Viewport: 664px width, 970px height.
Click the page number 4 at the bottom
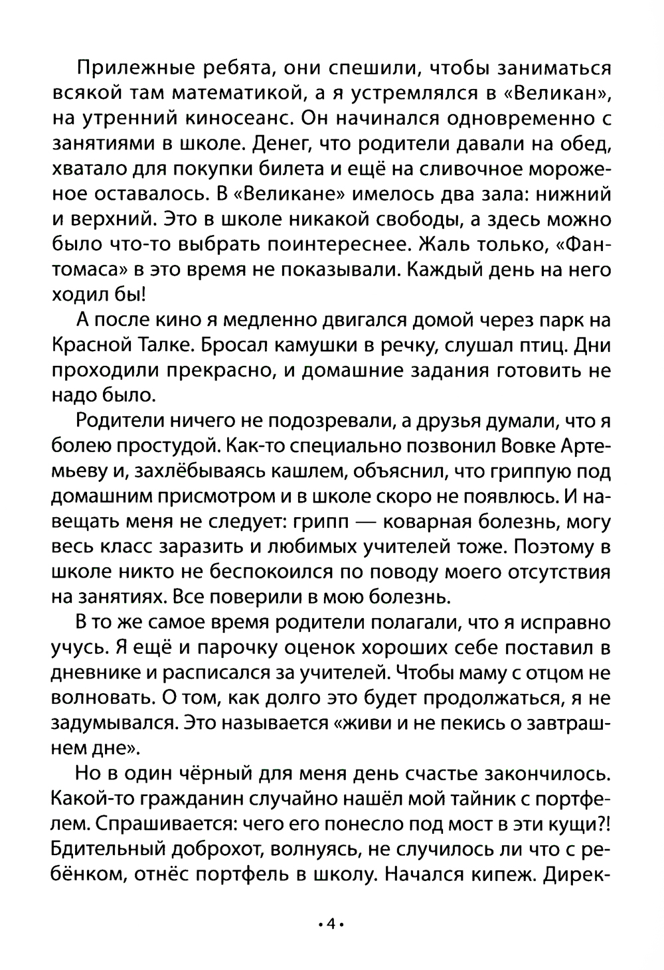click(x=331, y=924)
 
